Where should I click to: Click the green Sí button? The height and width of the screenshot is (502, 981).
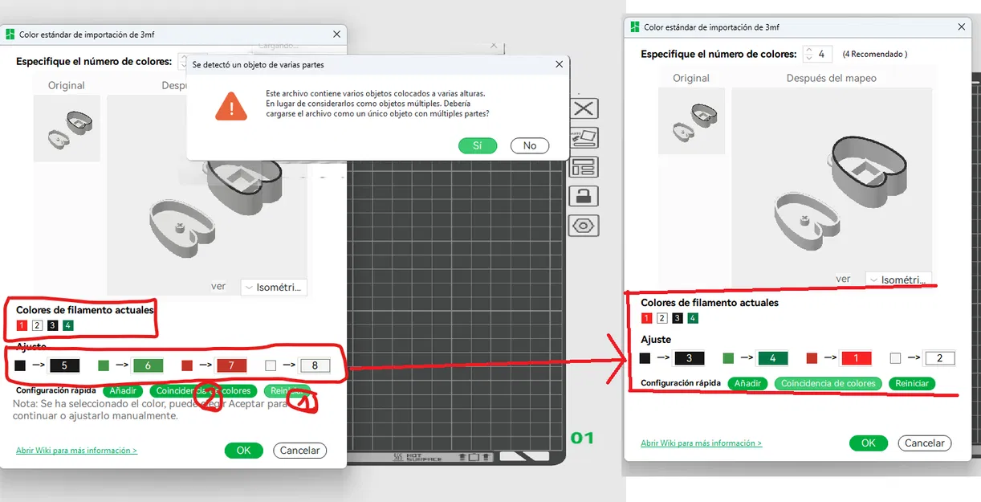tap(478, 145)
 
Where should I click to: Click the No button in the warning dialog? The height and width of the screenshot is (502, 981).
tap(530, 145)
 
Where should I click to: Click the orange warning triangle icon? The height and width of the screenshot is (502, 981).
tap(231, 106)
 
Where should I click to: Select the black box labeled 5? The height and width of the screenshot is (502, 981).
tap(64, 365)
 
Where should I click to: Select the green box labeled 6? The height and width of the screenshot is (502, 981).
tap(148, 365)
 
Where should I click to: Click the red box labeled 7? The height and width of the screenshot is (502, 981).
tap(231, 365)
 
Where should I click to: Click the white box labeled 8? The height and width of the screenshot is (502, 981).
tap(315, 365)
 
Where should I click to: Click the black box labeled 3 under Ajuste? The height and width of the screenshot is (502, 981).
tap(689, 358)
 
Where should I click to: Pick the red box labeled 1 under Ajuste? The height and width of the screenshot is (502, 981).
tap(856, 358)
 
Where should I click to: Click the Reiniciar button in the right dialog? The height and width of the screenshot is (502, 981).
tap(912, 384)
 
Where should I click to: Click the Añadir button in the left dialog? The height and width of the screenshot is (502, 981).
tap(123, 391)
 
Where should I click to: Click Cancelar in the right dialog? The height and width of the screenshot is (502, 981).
tap(924, 443)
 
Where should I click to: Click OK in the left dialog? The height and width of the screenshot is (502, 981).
tap(243, 451)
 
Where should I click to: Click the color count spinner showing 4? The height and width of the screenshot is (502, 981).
tap(817, 54)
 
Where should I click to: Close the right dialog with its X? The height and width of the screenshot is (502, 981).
tap(962, 27)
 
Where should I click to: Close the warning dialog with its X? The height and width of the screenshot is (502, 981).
tap(559, 64)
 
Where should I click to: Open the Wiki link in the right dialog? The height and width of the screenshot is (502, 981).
tap(701, 443)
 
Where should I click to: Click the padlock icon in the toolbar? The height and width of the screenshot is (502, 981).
tap(584, 195)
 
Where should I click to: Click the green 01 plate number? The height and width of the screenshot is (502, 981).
tap(582, 438)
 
